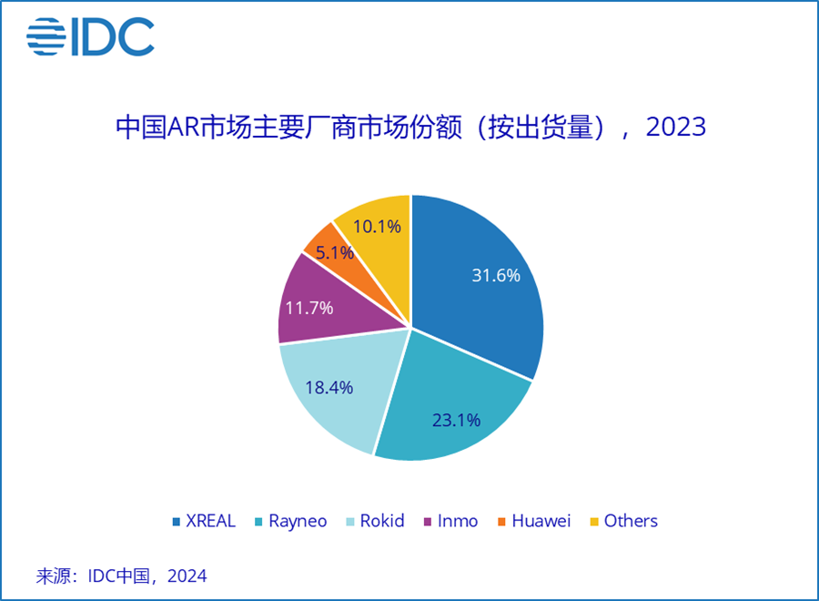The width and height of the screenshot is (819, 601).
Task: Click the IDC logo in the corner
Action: [x=91, y=37]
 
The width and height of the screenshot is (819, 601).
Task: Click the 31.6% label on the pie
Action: [x=495, y=275]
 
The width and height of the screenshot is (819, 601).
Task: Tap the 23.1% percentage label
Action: [x=456, y=420]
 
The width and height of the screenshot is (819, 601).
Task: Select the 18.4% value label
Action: [x=329, y=387]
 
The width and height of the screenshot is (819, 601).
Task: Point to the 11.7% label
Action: [x=309, y=307]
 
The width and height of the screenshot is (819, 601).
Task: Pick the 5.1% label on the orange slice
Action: [x=335, y=252]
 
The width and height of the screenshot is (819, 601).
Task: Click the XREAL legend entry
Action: [x=210, y=521]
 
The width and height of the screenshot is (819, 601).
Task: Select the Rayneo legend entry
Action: [x=300, y=521]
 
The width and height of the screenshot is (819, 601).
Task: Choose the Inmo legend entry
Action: [x=458, y=521]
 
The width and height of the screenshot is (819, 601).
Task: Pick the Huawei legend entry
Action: [x=541, y=521]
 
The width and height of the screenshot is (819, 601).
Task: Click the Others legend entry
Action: [x=631, y=521]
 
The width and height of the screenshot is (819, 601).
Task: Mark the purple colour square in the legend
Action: [x=427, y=522]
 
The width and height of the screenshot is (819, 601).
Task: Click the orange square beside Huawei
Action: [x=500, y=522]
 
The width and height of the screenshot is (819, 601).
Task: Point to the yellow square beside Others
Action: [x=593, y=522]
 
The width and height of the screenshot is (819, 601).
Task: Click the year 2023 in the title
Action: [x=675, y=127]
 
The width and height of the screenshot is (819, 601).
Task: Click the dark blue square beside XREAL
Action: [x=177, y=522]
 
